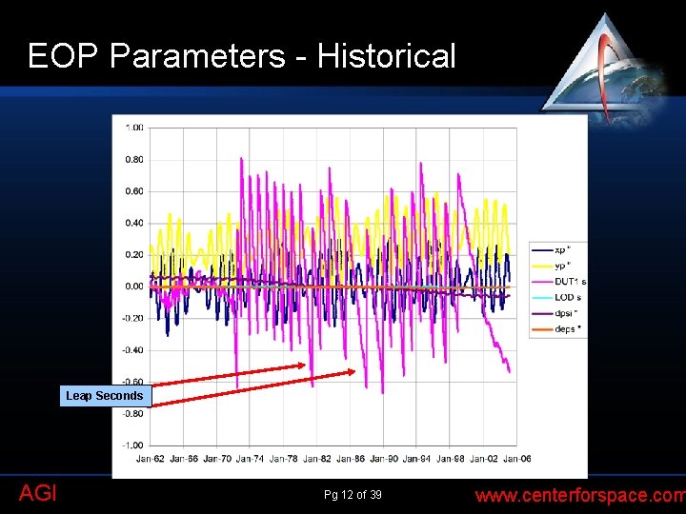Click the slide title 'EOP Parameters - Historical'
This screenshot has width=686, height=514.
(242, 56)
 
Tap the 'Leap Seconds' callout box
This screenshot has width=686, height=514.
(105, 396)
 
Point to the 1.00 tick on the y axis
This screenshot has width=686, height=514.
(134, 128)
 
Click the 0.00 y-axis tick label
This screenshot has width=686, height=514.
(134, 287)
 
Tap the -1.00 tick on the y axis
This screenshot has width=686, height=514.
(133, 445)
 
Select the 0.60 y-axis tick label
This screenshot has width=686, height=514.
(134, 191)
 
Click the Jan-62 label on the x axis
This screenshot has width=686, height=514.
(150, 459)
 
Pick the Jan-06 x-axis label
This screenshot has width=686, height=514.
(516, 459)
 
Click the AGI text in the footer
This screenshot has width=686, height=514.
(37, 493)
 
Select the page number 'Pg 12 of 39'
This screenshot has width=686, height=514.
(353, 494)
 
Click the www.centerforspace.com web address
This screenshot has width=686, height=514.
(579, 495)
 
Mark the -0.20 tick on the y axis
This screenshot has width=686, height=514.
(133, 319)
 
